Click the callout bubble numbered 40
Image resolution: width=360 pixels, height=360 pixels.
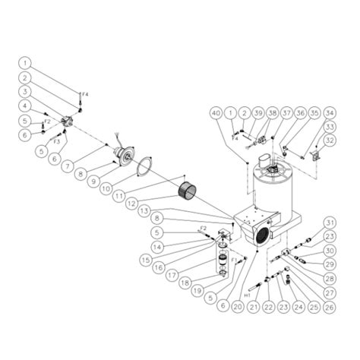pos(218,112)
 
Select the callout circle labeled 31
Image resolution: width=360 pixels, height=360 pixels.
pos(329,223)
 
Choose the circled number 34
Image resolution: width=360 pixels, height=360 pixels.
pos(329,112)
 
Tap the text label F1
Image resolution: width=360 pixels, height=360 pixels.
pos(233,259)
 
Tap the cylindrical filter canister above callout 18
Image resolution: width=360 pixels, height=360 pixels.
pos(220,267)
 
